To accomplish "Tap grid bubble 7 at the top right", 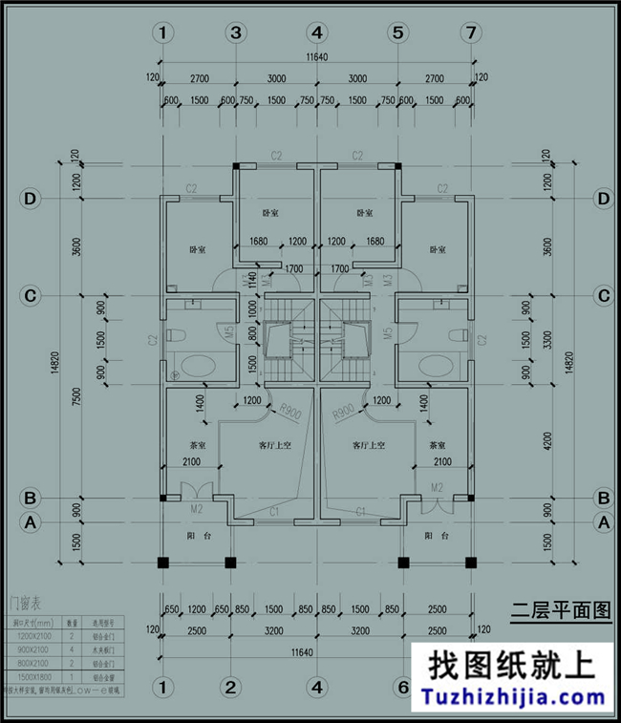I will click(468, 32).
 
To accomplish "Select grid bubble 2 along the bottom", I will click(230, 687).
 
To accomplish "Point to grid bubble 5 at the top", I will click(397, 32).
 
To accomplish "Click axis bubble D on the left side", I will click(31, 199).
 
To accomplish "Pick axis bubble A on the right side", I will click(603, 522).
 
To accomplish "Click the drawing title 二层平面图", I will click(561, 611).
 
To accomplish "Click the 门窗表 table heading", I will click(23, 602).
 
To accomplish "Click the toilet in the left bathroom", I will click(175, 336).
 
